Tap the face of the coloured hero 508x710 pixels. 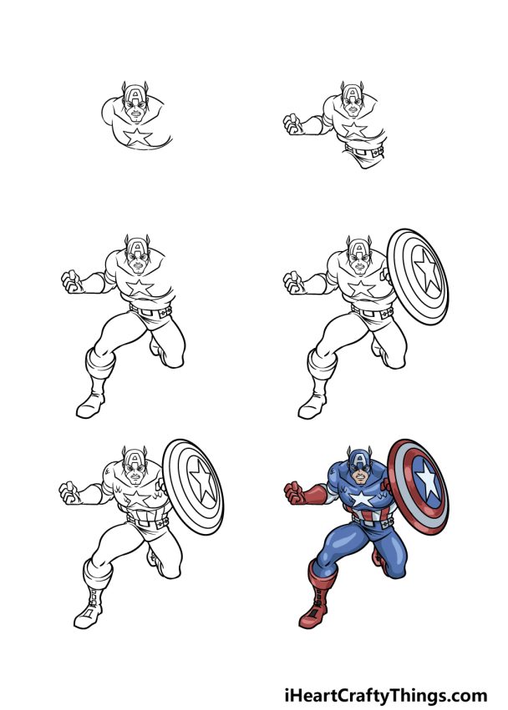pyautogui.click(x=358, y=476)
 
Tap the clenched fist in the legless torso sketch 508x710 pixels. pyautogui.click(x=293, y=125)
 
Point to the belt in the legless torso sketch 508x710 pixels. pyautogui.click(x=365, y=151)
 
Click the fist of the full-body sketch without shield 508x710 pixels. pyautogui.click(x=71, y=282)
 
